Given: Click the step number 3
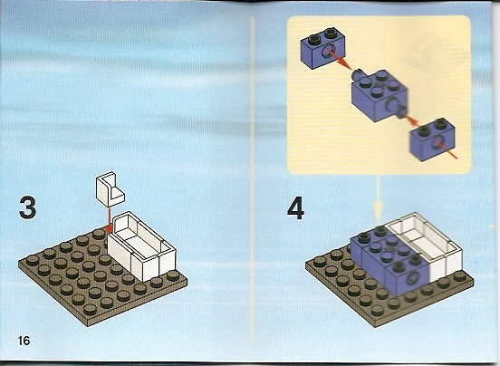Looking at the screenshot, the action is click(28, 207).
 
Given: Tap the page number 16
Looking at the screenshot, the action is click(24, 341).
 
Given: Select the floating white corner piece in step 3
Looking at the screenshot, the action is click(110, 188).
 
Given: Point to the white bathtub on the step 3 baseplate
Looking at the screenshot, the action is click(142, 246).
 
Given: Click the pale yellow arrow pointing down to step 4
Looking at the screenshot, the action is click(379, 200).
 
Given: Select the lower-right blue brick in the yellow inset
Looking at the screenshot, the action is click(432, 140).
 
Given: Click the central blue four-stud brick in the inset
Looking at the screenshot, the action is click(379, 96).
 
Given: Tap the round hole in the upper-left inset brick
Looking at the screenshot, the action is click(328, 52).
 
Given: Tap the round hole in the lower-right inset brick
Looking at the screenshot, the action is click(437, 142).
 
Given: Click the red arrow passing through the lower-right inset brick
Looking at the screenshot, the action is click(432, 139).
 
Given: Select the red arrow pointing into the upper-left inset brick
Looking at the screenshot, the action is click(340, 60).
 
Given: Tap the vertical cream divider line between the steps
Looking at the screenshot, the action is click(253, 180).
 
